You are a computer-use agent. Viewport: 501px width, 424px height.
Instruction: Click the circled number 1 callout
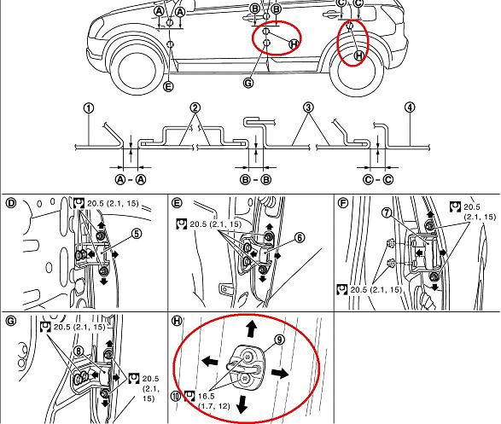click(x=89, y=108)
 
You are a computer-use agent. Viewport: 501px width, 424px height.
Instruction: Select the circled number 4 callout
click(x=410, y=107)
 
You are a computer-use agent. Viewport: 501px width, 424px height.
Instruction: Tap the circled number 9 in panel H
click(x=279, y=340)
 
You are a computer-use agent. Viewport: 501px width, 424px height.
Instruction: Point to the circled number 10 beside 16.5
click(x=176, y=396)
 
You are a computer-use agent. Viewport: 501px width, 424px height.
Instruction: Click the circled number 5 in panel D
click(x=137, y=234)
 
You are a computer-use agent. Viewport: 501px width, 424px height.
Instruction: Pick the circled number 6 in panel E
click(x=300, y=237)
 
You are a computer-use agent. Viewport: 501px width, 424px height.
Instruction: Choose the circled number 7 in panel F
click(x=387, y=213)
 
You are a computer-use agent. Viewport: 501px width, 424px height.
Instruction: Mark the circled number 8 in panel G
click(x=79, y=351)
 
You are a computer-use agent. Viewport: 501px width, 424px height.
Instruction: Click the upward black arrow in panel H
click(x=252, y=328)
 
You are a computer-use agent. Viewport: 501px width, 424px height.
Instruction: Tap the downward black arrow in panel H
click(x=242, y=404)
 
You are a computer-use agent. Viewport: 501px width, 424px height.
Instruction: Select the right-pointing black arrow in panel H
click(x=280, y=373)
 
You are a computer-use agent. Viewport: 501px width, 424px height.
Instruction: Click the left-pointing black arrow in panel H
click(x=210, y=362)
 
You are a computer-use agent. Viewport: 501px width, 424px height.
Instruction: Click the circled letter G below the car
click(x=248, y=83)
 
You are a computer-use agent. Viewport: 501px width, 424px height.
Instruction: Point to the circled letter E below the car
click(x=168, y=86)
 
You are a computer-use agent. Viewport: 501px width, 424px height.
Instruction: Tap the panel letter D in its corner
click(x=11, y=203)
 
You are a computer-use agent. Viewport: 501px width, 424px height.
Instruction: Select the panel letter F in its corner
click(x=342, y=203)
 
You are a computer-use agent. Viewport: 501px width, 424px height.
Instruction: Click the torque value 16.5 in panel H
click(x=206, y=396)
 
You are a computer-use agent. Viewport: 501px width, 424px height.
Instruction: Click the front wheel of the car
click(x=137, y=69)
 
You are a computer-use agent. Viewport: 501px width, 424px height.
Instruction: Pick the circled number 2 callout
click(x=195, y=107)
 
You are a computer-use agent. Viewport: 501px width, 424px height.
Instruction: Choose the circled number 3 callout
click(x=308, y=107)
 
